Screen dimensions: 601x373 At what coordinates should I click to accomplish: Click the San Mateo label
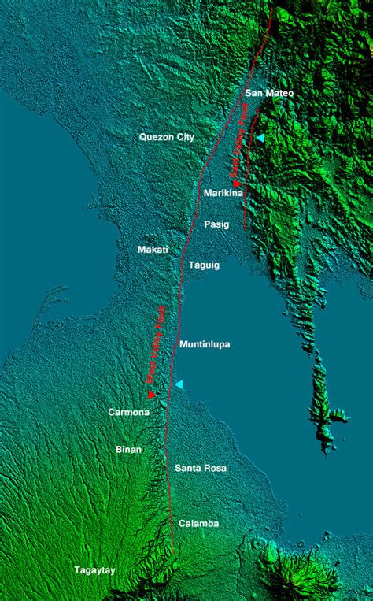click(269, 93)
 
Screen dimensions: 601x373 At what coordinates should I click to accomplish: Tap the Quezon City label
click(166, 137)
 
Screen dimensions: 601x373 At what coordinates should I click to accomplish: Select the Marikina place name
click(223, 193)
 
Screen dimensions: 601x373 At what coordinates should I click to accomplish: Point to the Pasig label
click(216, 224)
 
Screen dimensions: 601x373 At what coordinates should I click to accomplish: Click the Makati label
click(153, 250)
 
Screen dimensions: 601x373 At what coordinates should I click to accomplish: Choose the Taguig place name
click(205, 265)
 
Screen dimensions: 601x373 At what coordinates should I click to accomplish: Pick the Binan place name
click(129, 450)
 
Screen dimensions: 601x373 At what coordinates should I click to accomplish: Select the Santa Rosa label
click(201, 468)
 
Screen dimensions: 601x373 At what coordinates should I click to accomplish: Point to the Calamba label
click(198, 523)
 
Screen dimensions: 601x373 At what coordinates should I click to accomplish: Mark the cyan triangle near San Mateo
click(260, 138)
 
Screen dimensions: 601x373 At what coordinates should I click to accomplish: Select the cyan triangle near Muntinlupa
click(179, 384)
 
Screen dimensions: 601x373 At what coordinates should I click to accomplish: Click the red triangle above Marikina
click(235, 184)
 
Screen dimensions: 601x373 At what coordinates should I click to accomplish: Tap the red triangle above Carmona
click(151, 395)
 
